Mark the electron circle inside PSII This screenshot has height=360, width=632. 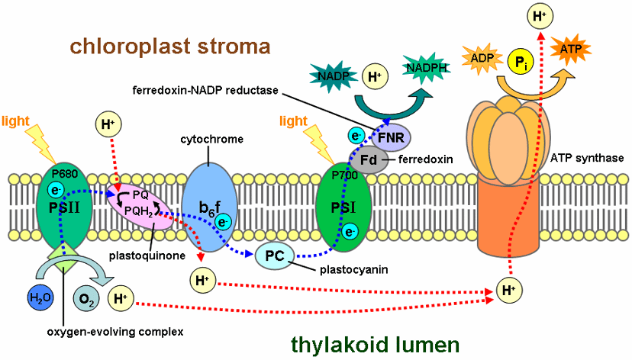click(55, 189)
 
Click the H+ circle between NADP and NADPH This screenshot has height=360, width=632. click(375, 77)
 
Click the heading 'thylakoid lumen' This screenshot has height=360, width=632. click(376, 344)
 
